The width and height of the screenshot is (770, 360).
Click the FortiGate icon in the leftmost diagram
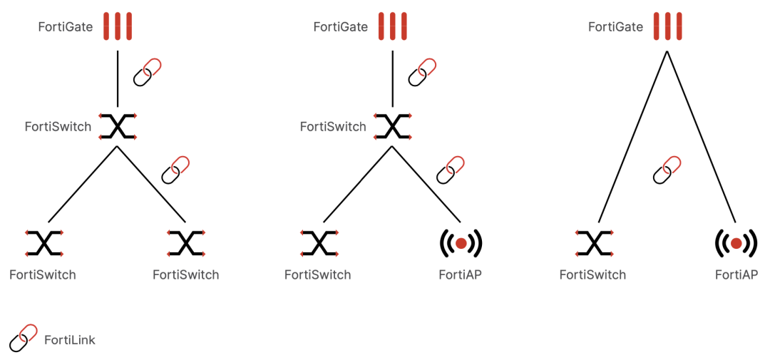pos(118,26)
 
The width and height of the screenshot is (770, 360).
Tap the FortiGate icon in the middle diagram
pos(393,26)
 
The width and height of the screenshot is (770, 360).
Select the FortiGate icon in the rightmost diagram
pos(667,26)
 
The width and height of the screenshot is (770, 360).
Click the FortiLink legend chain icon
pos(23,338)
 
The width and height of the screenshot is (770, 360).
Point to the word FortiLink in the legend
pos(70,340)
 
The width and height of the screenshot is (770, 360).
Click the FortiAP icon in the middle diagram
pos(461,244)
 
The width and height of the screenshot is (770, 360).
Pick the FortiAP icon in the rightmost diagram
pos(736,244)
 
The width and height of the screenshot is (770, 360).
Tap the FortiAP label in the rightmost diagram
pos(736,274)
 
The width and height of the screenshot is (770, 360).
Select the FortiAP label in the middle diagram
pos(461,274)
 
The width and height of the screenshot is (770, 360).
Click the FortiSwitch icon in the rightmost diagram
pos(594,244)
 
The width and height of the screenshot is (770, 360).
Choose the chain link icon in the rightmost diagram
pos(667,169)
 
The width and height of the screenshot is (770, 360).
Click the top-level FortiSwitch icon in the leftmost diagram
pos(118,126)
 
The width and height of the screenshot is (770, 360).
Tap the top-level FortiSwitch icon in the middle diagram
pos(393,126)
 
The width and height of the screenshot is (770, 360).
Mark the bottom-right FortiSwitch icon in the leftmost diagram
pos(186,244)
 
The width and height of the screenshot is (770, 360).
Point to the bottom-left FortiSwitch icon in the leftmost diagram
pos(43,244)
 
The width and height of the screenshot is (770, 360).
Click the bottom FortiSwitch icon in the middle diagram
pos(319,244)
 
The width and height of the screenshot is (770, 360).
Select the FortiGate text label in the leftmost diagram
pos(66,27)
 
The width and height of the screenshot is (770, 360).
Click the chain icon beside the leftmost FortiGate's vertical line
pos(148,72)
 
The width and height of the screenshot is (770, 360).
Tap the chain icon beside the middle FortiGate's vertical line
pos(422,72)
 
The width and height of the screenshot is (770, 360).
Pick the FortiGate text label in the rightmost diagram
pos(615,27)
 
